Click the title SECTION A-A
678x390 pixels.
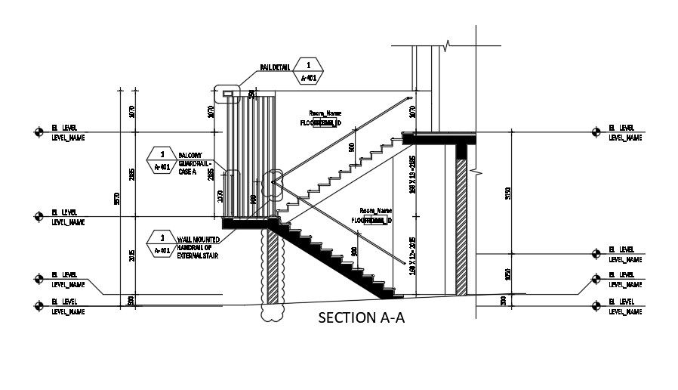pyautogui.click(x=362, y=318)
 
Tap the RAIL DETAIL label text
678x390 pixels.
pyautogui.click(x=276, y=67)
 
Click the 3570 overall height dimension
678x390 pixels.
pyautogui.click(x=117, y=198)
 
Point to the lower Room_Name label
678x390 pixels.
pyautogui.click(x=375, y=211)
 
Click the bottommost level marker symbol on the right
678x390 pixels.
pyautogui.click(x=596, y=305)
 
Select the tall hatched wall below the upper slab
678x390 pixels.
pyautogui.click(x=461, y=227)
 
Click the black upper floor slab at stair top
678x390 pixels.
pyautogui.click(x=439, y=138)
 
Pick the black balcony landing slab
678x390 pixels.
pyautogui.click(x=248, y=223)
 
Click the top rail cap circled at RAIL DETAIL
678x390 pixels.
pyautogui.click(x=227, y=94)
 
